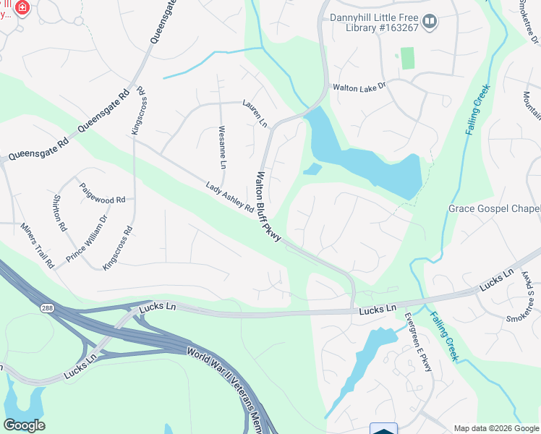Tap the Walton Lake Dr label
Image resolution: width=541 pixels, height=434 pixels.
(x=359, y=87)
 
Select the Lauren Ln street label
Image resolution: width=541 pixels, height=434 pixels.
(x=255, y=114)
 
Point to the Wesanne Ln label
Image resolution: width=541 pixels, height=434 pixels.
(x=223, y=148)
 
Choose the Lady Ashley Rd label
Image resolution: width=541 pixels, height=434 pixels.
(x=229, y=197)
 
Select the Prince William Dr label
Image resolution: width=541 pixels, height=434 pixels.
(x=87, y=238)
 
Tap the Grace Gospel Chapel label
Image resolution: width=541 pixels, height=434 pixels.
(x=494, y=209)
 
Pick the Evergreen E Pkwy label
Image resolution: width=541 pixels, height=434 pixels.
(x=417, y=341)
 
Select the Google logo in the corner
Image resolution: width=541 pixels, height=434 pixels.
(x=24, y=425)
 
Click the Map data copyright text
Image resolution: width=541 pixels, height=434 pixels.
(x=495, y=428)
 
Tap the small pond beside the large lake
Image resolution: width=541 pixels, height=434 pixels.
(x=312, y=169)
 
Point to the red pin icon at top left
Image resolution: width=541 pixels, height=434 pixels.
(x=22, y=8)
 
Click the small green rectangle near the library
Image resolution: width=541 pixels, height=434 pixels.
(x=408, y=58)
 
